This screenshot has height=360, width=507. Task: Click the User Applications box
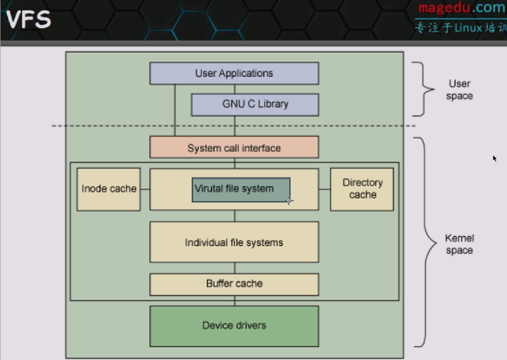234,73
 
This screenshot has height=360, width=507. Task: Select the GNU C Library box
255,105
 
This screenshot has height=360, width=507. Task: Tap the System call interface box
234,147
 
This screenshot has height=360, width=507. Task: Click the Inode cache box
108,190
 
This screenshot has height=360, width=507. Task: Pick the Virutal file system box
241,190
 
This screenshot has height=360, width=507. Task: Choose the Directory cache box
362,190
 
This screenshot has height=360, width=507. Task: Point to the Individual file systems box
234,242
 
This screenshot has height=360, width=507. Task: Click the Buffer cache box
234,284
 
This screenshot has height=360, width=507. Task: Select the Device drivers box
234,326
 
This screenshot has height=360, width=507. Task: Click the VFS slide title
28,19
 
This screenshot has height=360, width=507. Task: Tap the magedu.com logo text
462,7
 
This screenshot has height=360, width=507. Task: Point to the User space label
460,90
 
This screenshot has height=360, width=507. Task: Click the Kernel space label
460,244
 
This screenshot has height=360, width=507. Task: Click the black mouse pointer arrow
494,158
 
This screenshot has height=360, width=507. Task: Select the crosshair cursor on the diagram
289,201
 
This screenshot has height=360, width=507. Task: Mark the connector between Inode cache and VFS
145,189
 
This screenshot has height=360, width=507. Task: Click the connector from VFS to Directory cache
324,189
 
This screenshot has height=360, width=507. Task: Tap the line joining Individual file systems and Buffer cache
235,268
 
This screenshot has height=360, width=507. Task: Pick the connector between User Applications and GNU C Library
235,89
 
